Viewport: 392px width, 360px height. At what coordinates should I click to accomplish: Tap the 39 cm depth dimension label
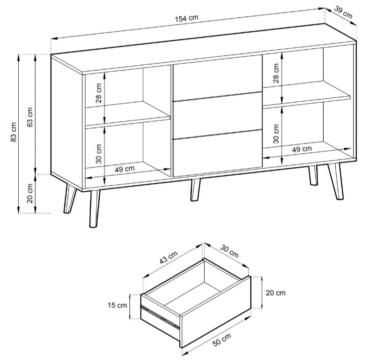[x=344, y=13]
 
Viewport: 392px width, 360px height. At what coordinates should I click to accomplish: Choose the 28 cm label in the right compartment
[x=276, y=73]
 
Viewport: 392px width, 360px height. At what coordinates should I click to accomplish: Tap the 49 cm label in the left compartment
[x=125, y=168]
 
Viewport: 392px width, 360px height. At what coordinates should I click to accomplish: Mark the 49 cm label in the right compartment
[x=302, y=149]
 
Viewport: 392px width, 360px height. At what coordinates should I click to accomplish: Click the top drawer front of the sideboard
[x=217, y=80]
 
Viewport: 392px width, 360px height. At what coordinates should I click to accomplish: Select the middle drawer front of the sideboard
[x=217, y=116]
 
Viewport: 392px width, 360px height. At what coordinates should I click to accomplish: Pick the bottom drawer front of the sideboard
[x=217, y=152]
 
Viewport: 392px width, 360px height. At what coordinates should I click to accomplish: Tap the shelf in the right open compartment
[x=306, y=93]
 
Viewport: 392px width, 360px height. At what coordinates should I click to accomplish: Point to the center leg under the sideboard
[x=195, y=189]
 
